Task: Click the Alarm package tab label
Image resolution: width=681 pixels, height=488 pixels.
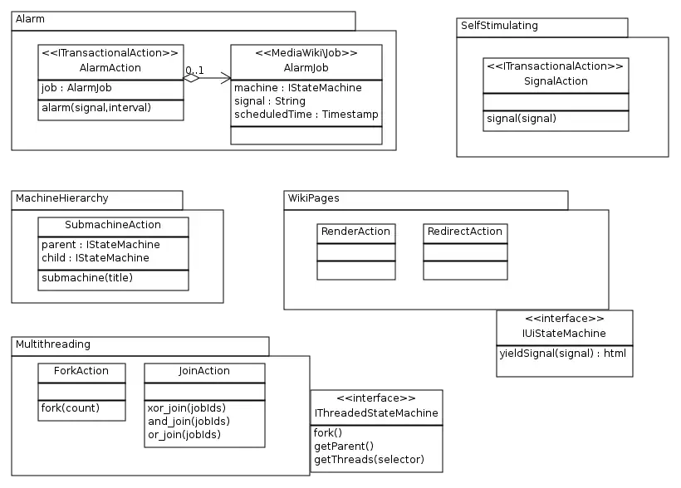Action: (x=30, y=18)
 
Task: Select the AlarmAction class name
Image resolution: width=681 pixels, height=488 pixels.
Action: (x=110, y=68)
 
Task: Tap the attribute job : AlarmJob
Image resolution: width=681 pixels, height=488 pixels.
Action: (x=76, y=88)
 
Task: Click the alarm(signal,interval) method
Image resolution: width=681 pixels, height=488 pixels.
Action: (x=96, y=107)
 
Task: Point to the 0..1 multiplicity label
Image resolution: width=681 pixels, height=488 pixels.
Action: (x=194, y=70)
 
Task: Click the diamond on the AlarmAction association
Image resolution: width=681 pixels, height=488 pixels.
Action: (x=192, y=79)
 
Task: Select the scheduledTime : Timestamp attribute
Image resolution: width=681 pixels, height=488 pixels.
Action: (x=306, y=115)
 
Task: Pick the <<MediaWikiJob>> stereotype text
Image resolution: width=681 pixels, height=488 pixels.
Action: (x=306, y=53)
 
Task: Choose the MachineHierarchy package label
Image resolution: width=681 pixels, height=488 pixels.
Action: (x=62, y=198)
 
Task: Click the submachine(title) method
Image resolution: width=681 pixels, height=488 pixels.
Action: (x=86, y=278)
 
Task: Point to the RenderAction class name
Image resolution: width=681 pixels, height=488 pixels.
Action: (x=355, y=232)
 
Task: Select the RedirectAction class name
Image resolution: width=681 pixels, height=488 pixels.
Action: (x=464, y=232)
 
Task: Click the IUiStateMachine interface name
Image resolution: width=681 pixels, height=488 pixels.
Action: (x=565, y=334)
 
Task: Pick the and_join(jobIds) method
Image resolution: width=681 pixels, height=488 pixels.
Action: (x=187, y=421)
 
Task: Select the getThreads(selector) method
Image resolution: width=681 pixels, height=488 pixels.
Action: (x=369, y=460)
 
